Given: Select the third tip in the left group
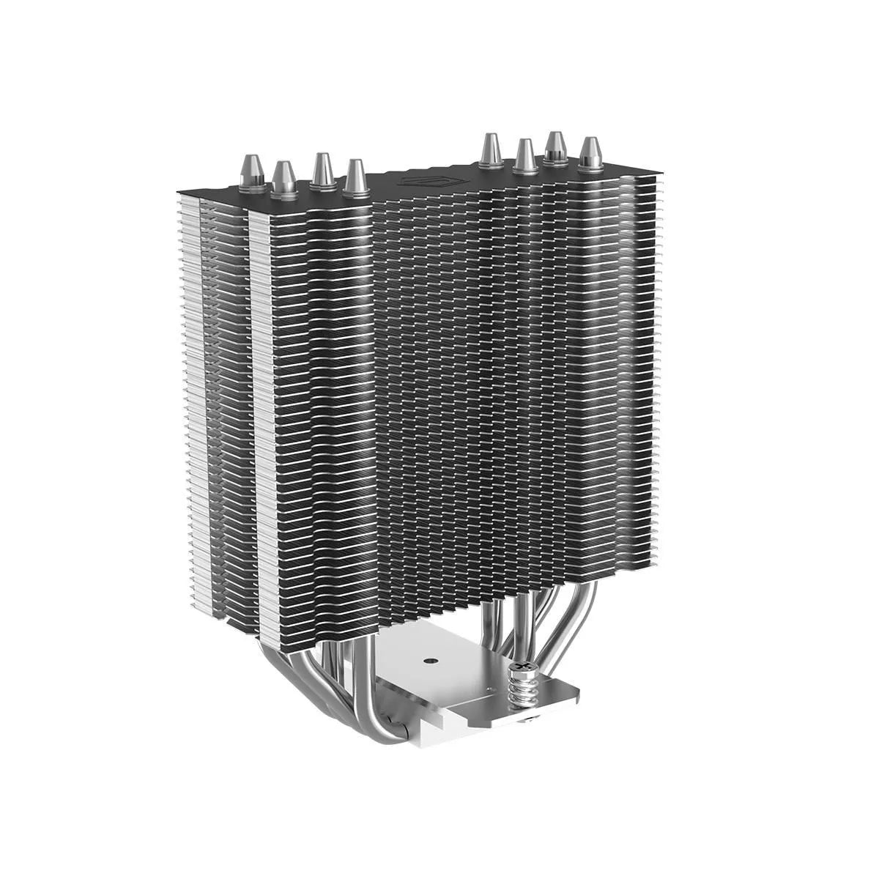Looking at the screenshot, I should click(321, 171).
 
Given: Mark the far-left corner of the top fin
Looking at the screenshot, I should click(178, 191).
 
